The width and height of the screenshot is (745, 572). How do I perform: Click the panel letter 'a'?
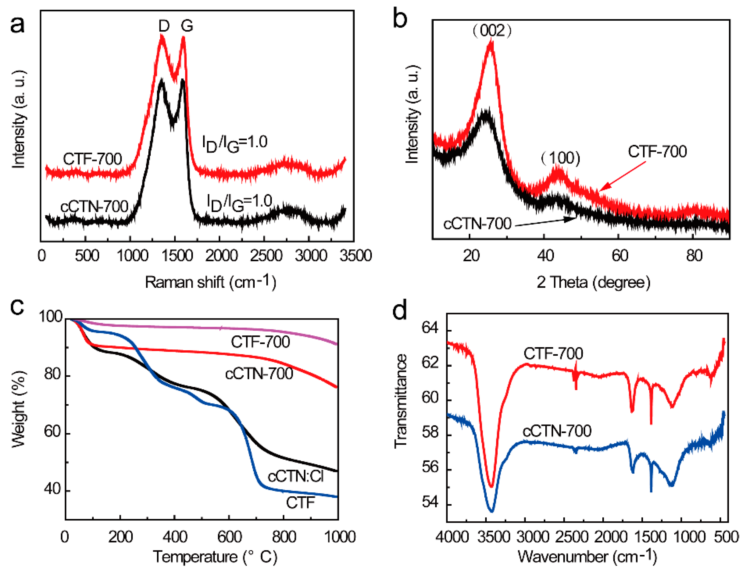tap(17, 25)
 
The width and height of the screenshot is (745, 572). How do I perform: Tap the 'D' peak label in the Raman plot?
tap(164, 26)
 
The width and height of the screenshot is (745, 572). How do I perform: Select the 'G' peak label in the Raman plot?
tap(186, 26)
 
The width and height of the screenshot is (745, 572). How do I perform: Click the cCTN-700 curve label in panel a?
tap(94, 206)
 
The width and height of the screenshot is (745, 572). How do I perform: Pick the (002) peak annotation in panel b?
tap(491, 31)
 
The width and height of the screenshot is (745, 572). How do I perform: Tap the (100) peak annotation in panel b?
tap(561, 158)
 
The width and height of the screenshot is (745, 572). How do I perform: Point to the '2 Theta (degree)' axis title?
tap(593, 282)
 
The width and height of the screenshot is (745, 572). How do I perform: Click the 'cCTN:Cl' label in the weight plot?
tap(295, 476)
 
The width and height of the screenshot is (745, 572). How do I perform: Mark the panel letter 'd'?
tap(400, 310)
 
